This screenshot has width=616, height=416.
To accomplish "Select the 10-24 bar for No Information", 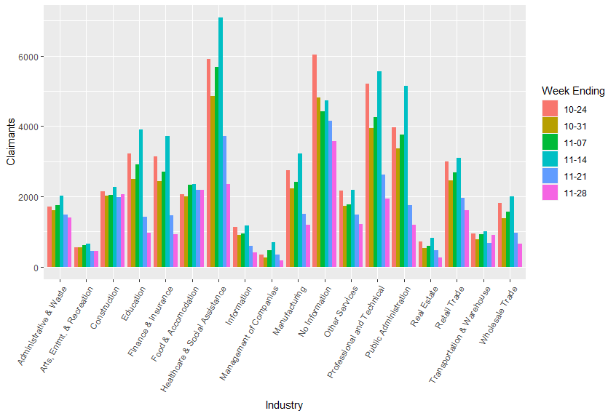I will pyautogui.click(x=315, y=161).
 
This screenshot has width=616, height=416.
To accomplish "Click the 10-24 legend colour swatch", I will pyautogui.click(x=550, y=110).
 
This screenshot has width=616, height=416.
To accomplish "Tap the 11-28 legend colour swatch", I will pyautogui.click(x=550, y=193).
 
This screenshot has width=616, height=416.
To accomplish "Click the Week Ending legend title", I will pyautogui.click(x=573, y=91).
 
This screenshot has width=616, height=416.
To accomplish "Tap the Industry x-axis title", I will pyautogui.click(x=284, y=405).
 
